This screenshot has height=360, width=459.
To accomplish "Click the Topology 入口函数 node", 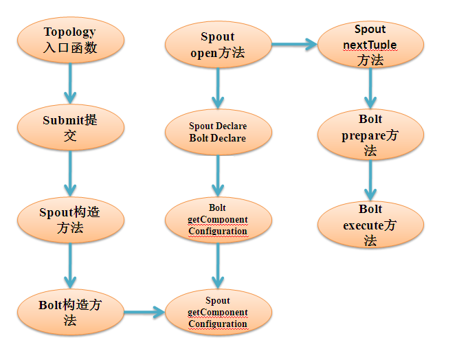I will (x=69, y=40).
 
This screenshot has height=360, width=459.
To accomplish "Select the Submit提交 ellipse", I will (x=69, y=128).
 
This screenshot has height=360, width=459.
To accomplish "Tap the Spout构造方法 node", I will (x=69, y=220).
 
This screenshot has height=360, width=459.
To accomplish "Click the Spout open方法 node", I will (x=218, y=45).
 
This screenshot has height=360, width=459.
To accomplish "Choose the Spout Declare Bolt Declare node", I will (x=218, y=133).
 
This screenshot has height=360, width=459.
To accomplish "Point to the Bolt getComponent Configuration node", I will (x=218, y=219).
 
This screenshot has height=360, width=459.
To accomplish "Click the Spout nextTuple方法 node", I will (x=370, y=45).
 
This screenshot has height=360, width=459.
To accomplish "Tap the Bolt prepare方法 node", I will (x=370, y=135).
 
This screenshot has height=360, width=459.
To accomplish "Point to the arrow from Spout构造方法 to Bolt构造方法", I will (x=69, y=265).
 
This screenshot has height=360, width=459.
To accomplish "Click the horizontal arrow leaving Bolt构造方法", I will (x=144, y=313).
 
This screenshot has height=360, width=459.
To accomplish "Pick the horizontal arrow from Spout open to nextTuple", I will (x=293, y=45).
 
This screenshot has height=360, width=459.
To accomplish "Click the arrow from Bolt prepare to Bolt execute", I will (x=370, y=180).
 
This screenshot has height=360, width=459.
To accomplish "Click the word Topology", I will (x=69, y=32).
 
